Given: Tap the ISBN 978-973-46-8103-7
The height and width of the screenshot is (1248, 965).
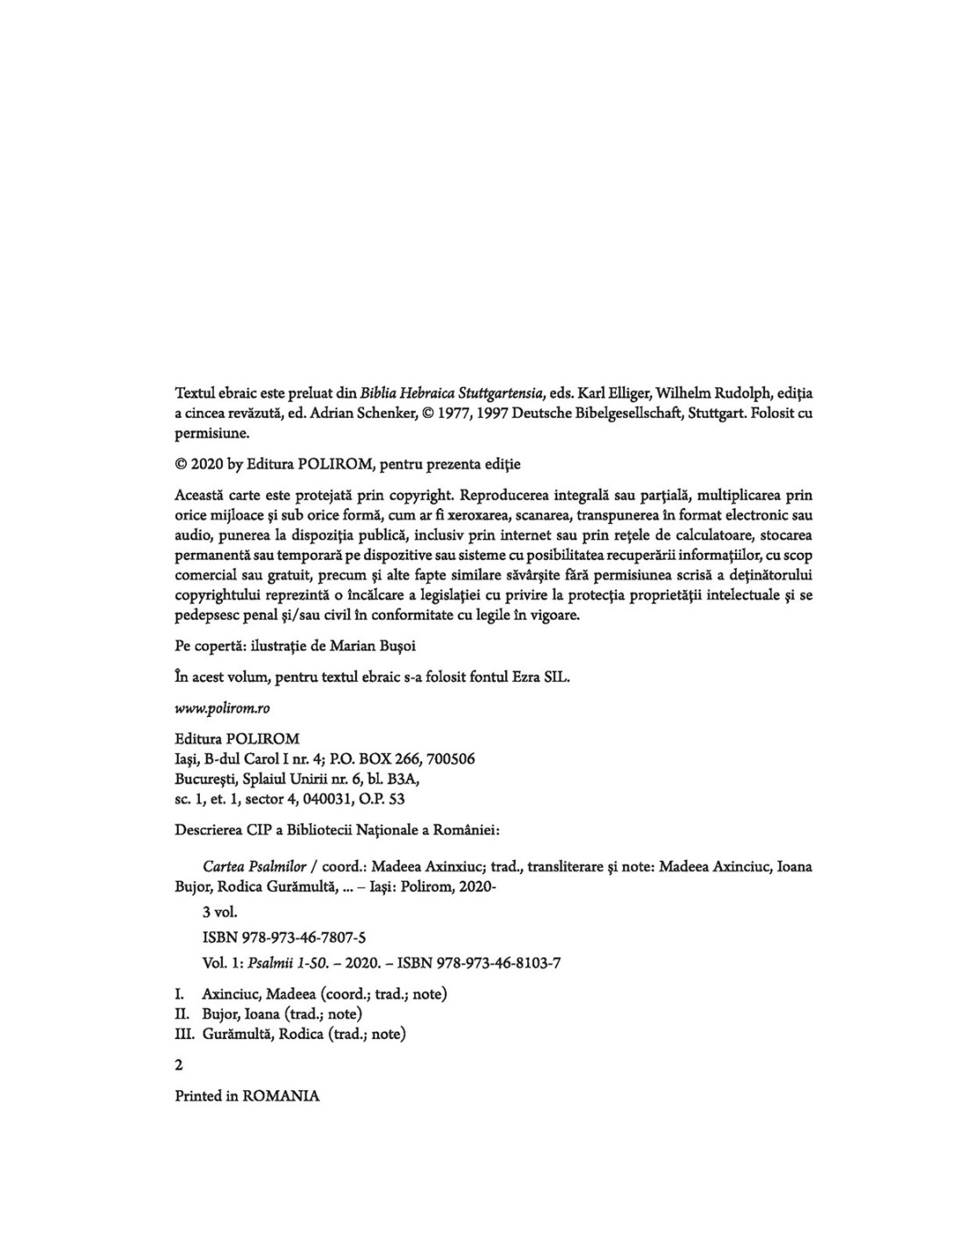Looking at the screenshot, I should pos(479,963).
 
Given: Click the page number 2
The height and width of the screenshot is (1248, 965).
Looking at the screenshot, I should pos(180,1065).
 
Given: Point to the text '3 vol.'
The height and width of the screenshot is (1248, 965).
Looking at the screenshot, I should pos(219,913).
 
